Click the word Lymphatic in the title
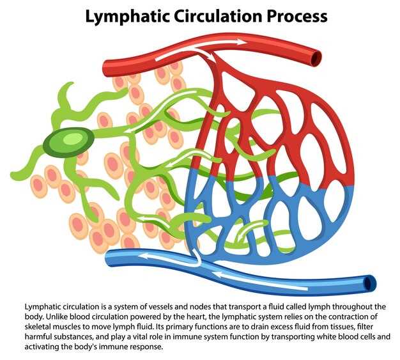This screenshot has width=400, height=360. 128,17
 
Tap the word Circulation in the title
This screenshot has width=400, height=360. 219,16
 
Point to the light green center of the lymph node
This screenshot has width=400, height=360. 73,139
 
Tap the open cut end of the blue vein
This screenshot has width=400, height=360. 369,283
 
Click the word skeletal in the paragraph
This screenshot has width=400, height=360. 36,327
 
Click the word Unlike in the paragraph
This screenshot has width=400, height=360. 56,317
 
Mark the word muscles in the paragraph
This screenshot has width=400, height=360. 62,327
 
